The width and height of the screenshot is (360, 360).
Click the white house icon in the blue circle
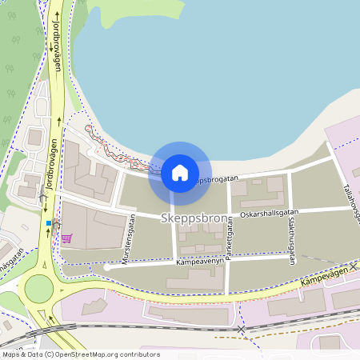pos(179,172)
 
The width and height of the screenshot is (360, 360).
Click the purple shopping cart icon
pos(66,238)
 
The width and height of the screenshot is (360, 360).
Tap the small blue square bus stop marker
pos(49,223)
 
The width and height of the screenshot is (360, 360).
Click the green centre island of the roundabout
pos(38,288)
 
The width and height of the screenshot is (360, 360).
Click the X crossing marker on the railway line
pos(241,329)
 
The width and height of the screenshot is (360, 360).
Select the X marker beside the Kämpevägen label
pos(353,266)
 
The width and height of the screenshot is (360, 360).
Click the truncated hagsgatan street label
pos(13,262)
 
